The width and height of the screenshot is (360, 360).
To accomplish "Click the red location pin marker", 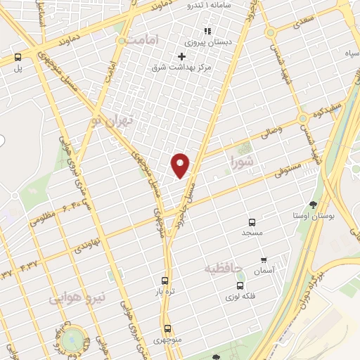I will coord(181,165).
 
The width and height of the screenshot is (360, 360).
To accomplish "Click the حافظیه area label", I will coord(224,269).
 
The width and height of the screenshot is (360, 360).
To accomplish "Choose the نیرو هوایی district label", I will coord(77,297).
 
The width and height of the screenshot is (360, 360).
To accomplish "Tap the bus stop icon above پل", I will coord(18,58).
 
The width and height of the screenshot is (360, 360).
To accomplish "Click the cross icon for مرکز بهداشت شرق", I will coord(182,56).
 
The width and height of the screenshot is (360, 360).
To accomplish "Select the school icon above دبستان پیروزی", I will coord(207,31).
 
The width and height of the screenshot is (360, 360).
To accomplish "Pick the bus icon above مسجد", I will coord(252,221).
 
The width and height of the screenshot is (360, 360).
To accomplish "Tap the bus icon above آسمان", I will coord(264,259).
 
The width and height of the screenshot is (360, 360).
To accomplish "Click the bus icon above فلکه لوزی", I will coord(240,285).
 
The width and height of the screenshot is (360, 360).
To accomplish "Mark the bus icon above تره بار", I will coord(165,279).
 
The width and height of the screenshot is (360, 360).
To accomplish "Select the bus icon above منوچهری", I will coord(167,328).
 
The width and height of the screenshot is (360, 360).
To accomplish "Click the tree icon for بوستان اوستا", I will coord(313,205).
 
